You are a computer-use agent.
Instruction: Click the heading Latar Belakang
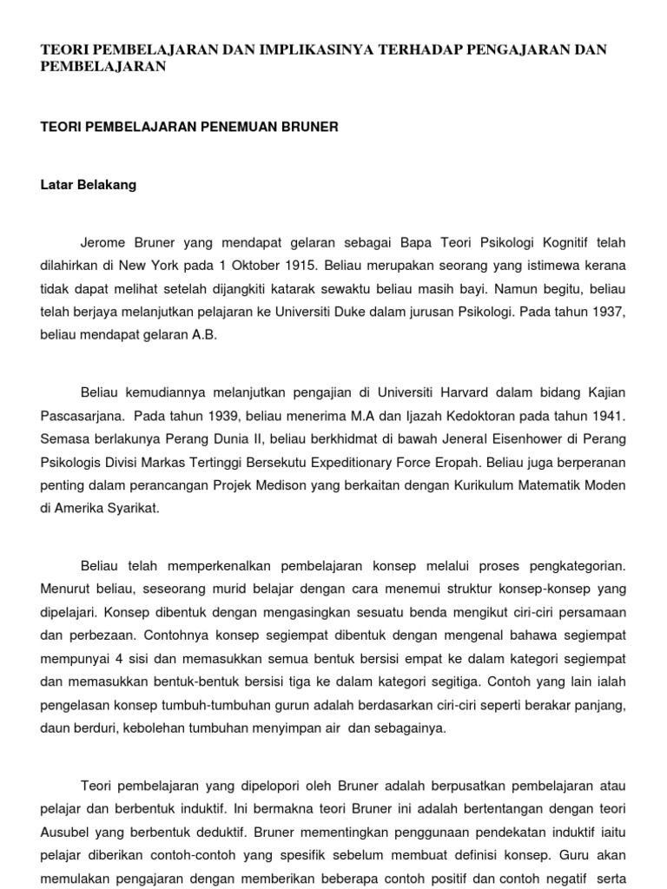(89, 185)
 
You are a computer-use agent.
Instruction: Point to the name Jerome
(102, 242)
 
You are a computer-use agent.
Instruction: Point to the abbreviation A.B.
(200, 333)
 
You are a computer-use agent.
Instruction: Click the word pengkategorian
(568, 565)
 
